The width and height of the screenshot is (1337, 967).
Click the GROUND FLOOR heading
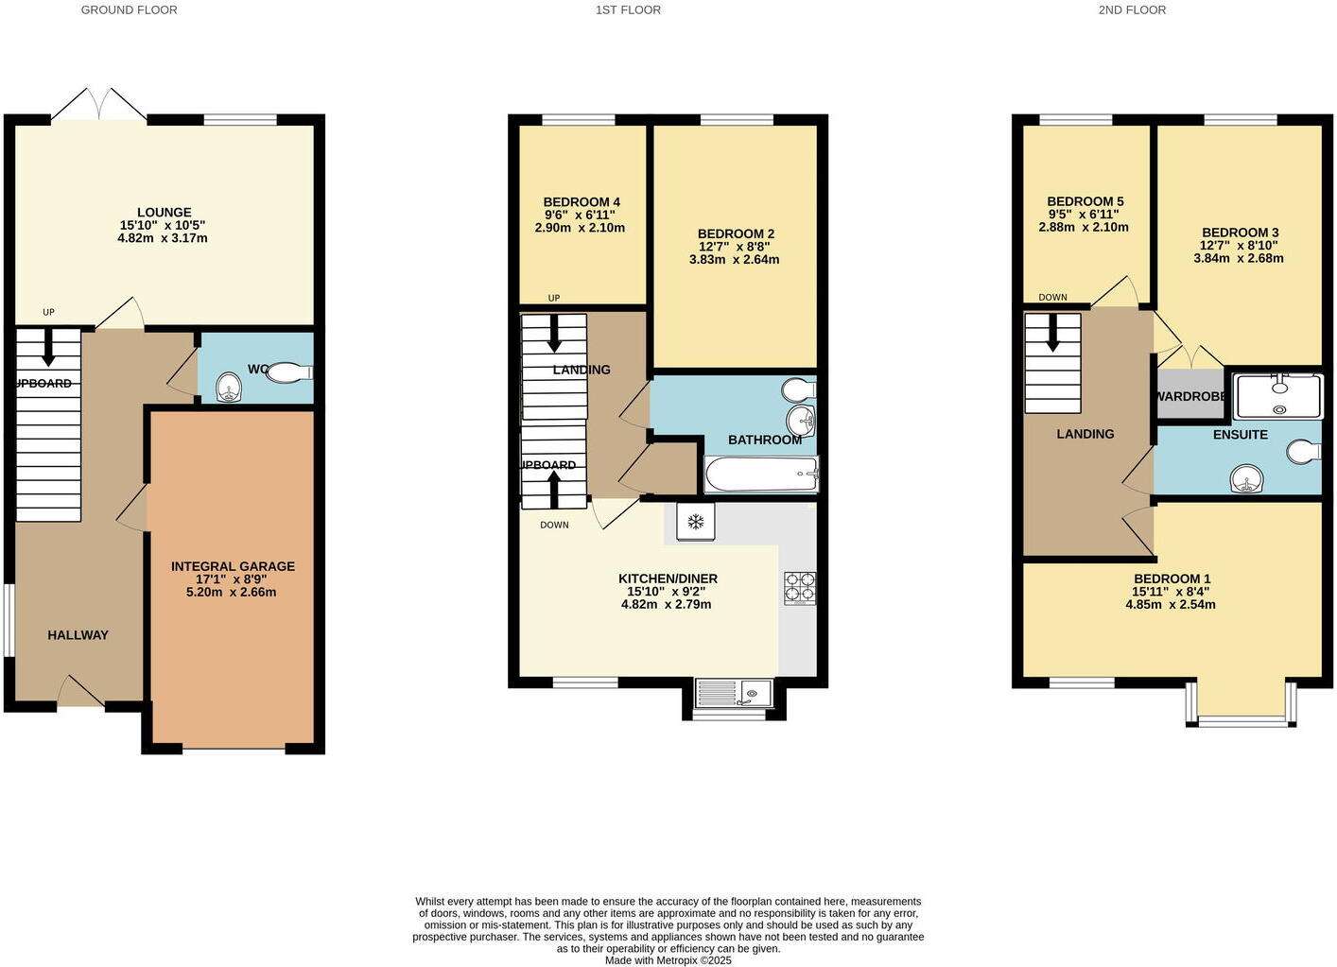[x=129, y=10]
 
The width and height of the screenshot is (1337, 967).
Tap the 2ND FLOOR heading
[x=1132, y=10]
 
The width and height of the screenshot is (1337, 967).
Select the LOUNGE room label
[x=164, y=213]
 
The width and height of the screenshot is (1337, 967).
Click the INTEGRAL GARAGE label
[x=233, y=566]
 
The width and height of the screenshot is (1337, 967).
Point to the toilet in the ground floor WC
[x=289, y=373]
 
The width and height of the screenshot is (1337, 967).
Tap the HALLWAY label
[x=78, y=635]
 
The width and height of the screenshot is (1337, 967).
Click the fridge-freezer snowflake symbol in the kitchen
[x=695, y=522]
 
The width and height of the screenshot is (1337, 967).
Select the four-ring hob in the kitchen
[x=799, y=588]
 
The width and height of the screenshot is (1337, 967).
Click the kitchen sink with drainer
[x=734, y=694]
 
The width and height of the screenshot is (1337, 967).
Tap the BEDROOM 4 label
[x=582, y=202]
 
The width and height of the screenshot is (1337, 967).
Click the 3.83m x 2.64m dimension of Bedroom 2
[x=734, y=259]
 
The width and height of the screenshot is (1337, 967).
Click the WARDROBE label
[x=1189, y=396]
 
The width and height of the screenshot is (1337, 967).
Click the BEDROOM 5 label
[x=1085, y=201]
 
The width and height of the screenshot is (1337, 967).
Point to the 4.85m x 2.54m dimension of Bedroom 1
[x=1171, y=604]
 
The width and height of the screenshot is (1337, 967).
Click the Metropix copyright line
[x=668, y=959]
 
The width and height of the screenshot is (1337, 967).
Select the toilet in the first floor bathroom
[x=799, y=390]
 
